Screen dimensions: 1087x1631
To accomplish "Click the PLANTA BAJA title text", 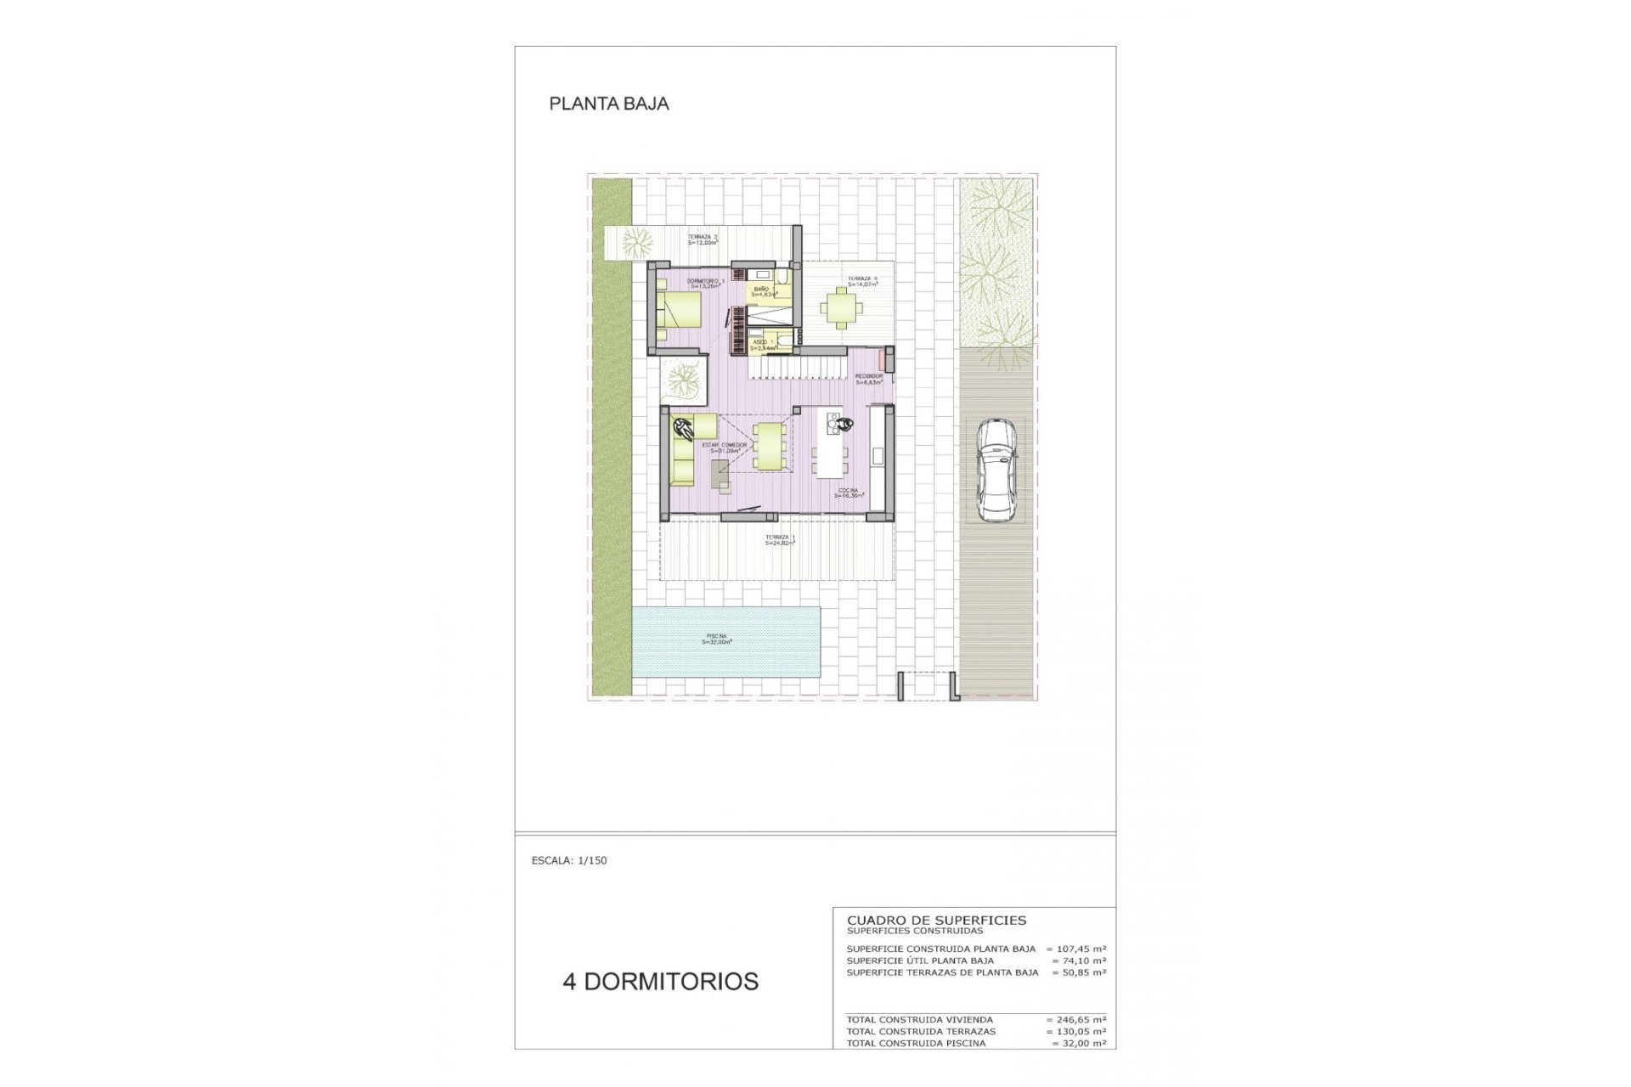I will [609, 104].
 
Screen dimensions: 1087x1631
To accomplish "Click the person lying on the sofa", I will [682, 428].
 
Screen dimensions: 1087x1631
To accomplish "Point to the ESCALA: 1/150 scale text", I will [569, 860].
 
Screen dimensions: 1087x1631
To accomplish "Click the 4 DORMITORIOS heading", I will [660, 982].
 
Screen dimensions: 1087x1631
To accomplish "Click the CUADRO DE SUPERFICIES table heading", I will [936, 920].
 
